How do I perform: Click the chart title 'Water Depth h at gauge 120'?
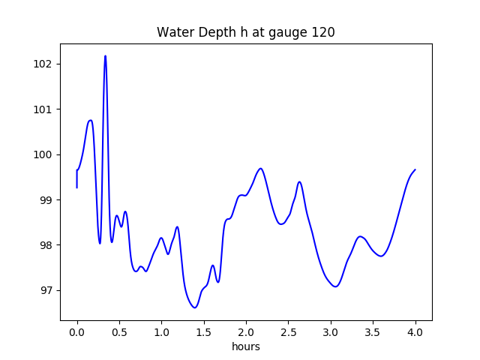pyautogui.click(x=245, y=32)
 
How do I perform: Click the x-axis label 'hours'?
pyautogui.click(x=245, y=347)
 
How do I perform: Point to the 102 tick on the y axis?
pyautogui.click(x=47, y=64)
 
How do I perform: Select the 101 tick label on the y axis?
pyautogui.click(x=47, y=109)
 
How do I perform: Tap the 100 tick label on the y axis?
pyautogui.click(x=47, y=154)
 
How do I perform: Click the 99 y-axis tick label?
pyautogui.click(x=50, y=199)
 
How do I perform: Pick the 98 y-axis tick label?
pyautogui.click(x=50, y=245)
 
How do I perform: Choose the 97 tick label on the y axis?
pyautogui.click(x=50, y=290)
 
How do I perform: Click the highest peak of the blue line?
pyautogui.click(x=105, y=55)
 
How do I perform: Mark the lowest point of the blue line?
pyautogui.click(x=194, y=307)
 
